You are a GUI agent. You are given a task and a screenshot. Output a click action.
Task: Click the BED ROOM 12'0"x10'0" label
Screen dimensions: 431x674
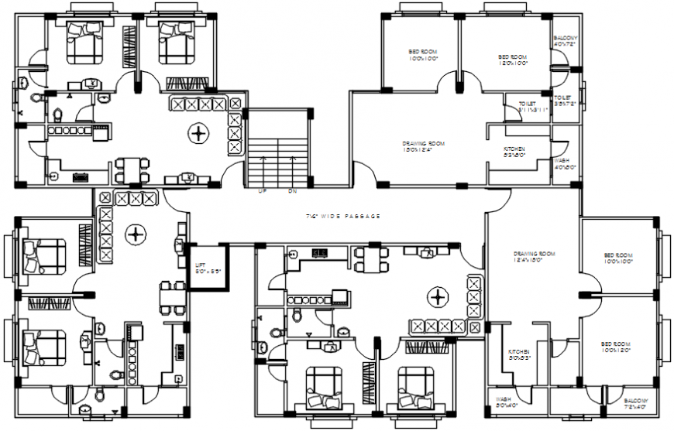coord(512,60)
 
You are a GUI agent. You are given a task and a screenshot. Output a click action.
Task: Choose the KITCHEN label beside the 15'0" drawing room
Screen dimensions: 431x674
coord(514,152)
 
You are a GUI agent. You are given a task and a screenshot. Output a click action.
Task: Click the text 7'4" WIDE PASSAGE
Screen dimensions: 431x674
coord(342,217)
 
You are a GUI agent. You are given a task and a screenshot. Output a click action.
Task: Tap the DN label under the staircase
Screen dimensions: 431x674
coord(292,190)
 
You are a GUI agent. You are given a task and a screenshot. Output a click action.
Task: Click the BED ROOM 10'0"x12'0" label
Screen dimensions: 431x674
coord(618,346)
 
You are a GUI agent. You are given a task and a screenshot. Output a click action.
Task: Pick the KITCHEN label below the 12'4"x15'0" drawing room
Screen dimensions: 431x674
coord(518,354)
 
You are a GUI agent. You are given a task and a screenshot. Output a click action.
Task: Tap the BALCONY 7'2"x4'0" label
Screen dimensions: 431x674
coord(637,402)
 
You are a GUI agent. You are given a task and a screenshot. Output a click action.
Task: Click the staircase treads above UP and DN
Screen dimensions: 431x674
coord(277,159)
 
